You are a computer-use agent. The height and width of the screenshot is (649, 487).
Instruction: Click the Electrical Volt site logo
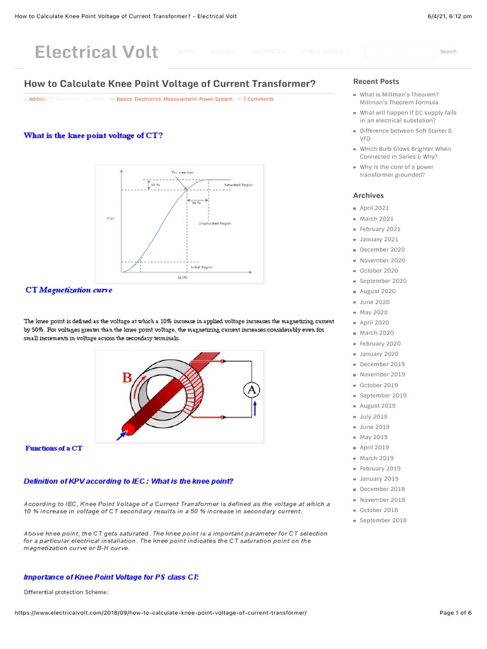(96, 52)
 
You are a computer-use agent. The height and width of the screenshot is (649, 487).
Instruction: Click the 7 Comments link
(258, 100)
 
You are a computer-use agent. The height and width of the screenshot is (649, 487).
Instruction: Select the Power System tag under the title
(216, 100)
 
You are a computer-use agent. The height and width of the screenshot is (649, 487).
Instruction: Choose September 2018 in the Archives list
(383, 520)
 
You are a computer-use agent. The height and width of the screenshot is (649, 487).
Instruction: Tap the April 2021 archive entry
(374, 208)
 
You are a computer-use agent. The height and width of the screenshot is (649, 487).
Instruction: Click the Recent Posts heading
(376, 81)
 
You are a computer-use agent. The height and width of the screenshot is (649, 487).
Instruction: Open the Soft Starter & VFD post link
(406, 134)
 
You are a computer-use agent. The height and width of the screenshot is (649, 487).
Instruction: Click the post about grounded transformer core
(396, 171)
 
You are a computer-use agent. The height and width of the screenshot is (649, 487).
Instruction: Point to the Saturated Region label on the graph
(238, 185)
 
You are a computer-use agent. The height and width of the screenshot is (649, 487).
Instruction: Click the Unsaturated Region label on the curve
(215, 224)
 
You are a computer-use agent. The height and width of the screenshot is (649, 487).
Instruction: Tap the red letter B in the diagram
(127, 378)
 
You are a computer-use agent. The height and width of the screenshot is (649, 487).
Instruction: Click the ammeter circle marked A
(252, 390)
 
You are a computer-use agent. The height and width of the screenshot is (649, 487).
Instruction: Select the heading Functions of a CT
(54, 448)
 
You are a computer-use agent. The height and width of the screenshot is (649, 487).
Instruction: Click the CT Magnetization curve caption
(68, 290)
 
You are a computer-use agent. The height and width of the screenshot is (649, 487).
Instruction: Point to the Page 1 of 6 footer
(455, 613)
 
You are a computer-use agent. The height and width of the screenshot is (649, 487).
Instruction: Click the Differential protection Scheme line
(66, 593)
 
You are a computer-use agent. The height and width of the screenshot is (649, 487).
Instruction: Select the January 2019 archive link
(379, 479)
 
